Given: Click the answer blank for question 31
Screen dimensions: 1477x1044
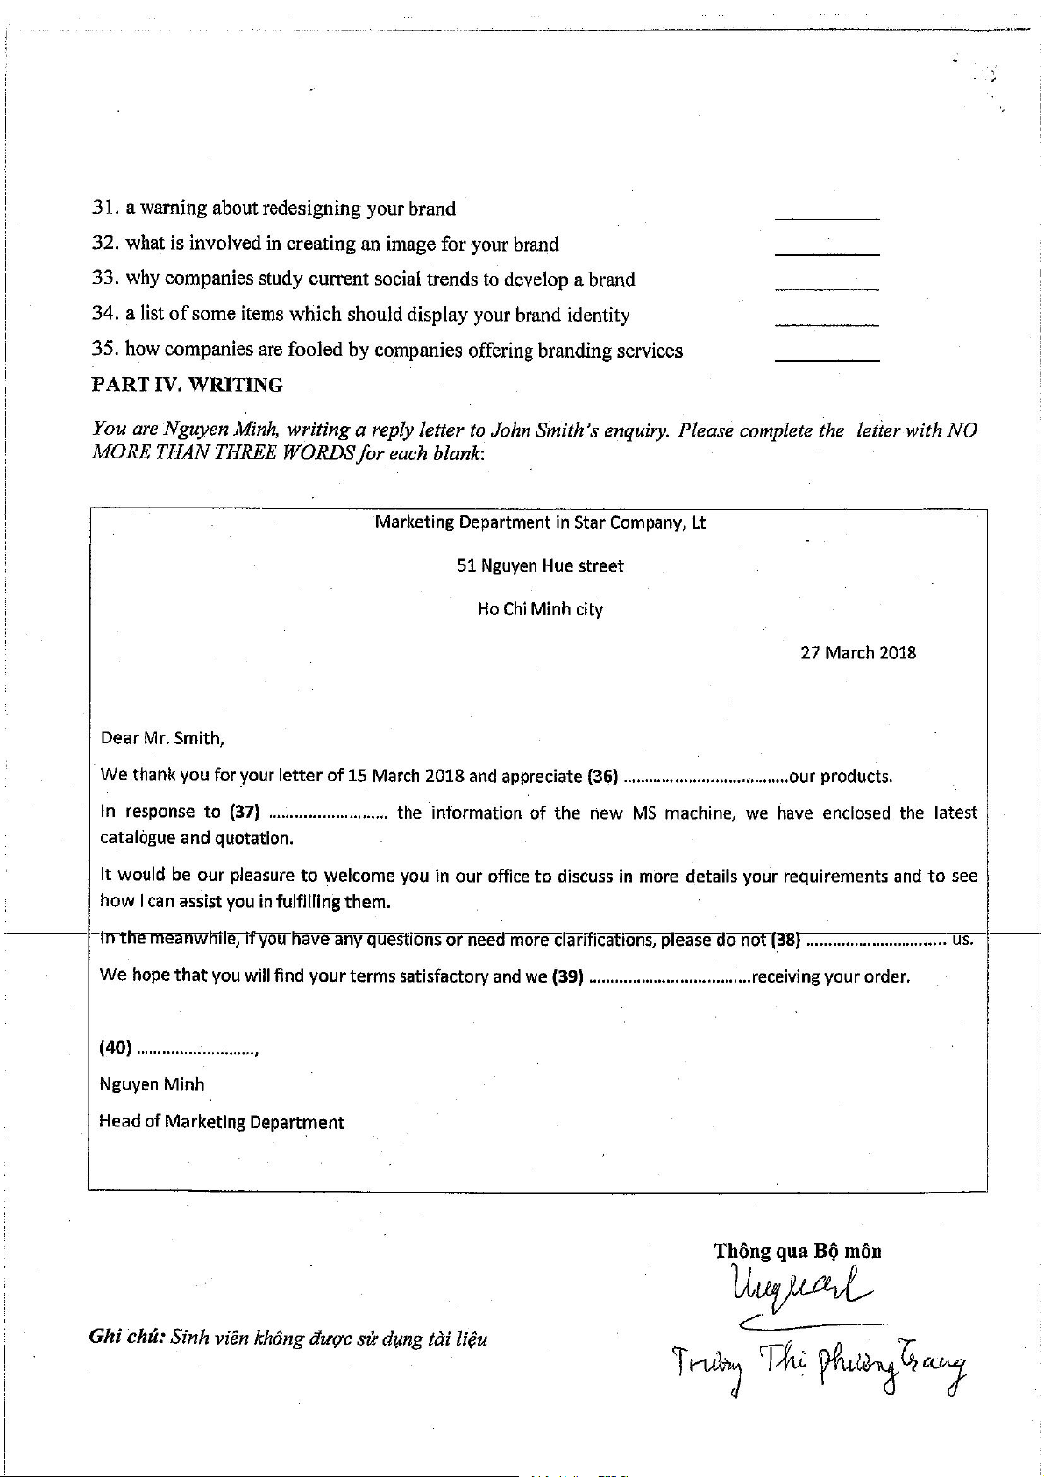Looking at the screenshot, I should [827, 216].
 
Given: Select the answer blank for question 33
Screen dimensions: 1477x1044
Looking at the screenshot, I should [827, 286].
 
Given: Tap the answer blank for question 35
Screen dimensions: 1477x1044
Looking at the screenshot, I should [827, 357].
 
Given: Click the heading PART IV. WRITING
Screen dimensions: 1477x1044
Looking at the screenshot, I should [187, 385].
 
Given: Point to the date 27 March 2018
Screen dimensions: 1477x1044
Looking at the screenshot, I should [857, 653].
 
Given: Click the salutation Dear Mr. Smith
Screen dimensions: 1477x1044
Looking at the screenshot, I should [162, 738].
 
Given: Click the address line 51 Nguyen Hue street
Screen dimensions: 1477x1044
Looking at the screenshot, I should [540, 566].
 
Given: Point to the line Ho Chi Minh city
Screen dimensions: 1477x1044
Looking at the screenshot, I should [540, 609].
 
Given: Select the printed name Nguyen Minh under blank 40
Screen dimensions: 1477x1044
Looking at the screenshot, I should [152, 1085].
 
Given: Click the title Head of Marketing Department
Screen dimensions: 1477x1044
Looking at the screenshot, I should [222, 1122].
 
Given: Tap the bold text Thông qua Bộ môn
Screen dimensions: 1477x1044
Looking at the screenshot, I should [797, 1251].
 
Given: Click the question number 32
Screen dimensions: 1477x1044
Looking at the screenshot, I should [103, 243].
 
